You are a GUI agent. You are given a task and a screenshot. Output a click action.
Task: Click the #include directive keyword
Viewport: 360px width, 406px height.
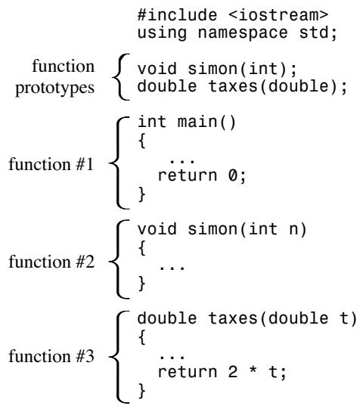[x=177, y=15]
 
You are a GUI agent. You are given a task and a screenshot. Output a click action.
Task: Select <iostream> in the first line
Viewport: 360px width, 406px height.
[x=278, y=15]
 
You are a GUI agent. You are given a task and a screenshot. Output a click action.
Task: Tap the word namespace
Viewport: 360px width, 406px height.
[x=243, y=33]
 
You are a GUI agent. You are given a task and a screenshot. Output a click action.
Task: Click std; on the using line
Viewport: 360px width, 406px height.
[x=318, y=33]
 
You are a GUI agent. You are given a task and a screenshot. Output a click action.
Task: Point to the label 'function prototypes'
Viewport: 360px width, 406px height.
[x=55, y=77]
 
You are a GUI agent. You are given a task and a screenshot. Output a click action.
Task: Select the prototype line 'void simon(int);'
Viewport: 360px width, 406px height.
[x=217, y=69]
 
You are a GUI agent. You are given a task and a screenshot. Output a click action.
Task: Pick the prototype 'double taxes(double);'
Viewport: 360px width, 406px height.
[x=242, y=86]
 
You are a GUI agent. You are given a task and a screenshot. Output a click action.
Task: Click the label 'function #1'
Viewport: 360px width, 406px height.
[x=51, y=164]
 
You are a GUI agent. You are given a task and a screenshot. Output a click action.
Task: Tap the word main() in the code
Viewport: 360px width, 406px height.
[x=206, y=122]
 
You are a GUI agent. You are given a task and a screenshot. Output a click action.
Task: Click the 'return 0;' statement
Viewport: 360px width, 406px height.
[x=201, y=175]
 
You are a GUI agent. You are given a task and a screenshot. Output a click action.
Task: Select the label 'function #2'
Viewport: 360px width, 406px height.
[x=51, y=262]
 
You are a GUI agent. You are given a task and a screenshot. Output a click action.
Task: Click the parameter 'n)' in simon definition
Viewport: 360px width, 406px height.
[x=298, y=229]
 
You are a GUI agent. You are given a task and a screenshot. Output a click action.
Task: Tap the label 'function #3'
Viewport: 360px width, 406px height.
[x=51, y=356]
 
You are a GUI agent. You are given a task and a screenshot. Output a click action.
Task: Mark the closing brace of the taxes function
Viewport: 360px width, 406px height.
[x=142, y=390]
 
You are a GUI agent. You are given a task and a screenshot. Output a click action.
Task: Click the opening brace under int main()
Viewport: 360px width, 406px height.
[x=142, y=141]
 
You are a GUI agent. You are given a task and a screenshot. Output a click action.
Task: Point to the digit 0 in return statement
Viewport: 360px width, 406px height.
[x=233, y=175]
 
